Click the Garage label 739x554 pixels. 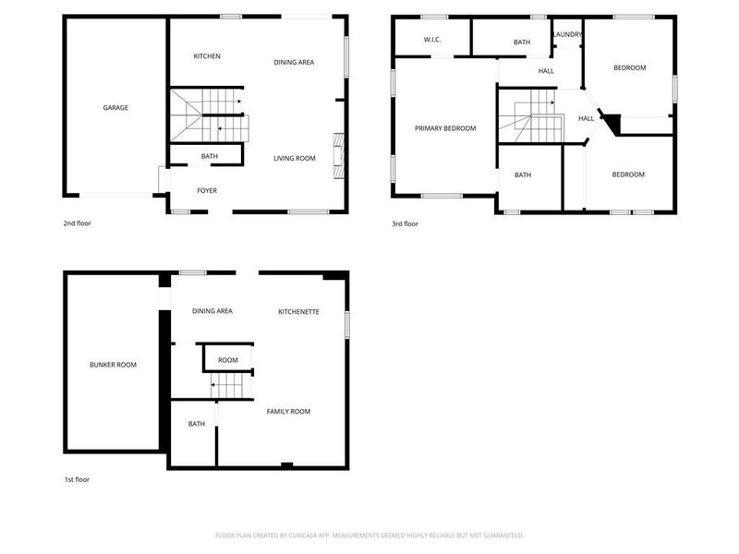click(x=115, y=108)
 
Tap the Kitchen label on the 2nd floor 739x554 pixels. click(x=207, y=56)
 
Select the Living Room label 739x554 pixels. click(x=295, y=158)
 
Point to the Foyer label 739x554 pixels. click(x=207, y=191)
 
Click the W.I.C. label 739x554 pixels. click(x=432, y=40)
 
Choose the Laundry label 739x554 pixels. click(x=567, y=35)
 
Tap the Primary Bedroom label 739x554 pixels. click(x=445, y=128)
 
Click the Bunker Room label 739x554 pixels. click(x=113, y=365)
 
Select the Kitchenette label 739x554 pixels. click(x=299, y=312)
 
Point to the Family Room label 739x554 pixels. click(x=288, y=411)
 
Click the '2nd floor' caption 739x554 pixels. click(x=77, y=223)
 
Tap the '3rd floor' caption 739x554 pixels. click(x=405, y=223)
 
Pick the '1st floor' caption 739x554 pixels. click(x=77, y=479)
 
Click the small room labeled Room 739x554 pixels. click(x=227, y=360)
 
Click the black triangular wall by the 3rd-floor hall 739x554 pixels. click(x=611, y=121)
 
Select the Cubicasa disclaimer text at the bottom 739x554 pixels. click(x=369, y=536)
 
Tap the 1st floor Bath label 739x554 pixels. click(x=197, y=424)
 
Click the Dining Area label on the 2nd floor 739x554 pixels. click(x=295, y=62)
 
